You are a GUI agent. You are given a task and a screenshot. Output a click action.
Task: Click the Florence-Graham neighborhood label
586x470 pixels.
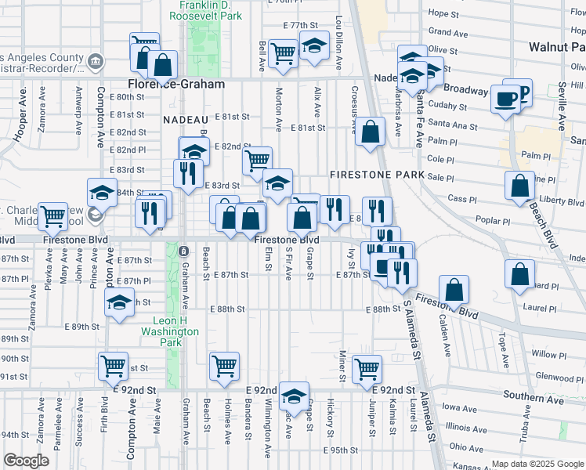tap(176, 84)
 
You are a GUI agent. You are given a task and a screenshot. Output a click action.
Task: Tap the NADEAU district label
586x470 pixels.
tap(184, 120)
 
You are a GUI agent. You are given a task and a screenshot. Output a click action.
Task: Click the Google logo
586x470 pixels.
tap(26, 461)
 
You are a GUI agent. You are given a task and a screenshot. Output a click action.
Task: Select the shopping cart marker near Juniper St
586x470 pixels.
tap(367, 368)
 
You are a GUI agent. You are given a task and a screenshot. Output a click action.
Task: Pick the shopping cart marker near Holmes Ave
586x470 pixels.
tap(224, 366)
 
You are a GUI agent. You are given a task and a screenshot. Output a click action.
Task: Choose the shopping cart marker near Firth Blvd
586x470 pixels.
tap(114, 366)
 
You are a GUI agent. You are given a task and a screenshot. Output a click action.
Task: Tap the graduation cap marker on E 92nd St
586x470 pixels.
tap(294, 396)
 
